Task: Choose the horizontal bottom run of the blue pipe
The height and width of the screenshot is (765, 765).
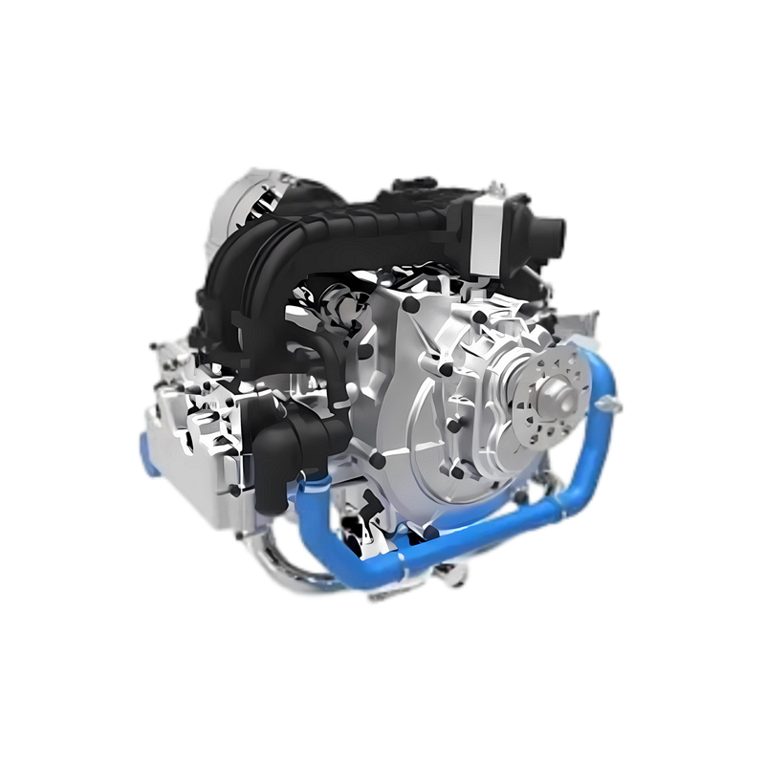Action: coord(459,545)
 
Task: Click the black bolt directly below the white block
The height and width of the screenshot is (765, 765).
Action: coord(483,277)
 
